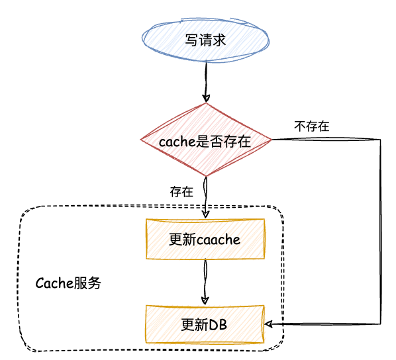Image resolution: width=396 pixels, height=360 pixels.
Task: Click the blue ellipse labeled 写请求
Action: click(205, 40)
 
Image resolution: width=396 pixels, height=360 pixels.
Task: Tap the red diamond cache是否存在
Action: click(206, 140)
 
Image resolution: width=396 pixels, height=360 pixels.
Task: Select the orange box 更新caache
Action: click(205, 239)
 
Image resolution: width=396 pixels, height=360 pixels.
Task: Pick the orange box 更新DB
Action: click(205, 324)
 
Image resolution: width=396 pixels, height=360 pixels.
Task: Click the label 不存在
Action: click(312, 126)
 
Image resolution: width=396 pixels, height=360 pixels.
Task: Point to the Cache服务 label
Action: click(68, 283)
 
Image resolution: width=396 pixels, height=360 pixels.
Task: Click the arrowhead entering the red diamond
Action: click(206, 99)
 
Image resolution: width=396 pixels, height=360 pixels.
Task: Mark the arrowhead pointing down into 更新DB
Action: click(205, 300)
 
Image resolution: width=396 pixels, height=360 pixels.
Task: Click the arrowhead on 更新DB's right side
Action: click(268, 324)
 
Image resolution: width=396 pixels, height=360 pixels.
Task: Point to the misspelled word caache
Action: click(219, 240)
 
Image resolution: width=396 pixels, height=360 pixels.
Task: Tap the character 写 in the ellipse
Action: click(191, 40)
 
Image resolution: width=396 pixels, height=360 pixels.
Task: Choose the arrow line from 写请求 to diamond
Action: click(206, 81)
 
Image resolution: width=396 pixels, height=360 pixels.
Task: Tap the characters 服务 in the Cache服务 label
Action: click(87, 283)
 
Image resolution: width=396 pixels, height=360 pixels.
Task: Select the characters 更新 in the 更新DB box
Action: click(195, 325)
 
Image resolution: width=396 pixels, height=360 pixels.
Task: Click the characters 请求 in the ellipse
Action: click(213, 40)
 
